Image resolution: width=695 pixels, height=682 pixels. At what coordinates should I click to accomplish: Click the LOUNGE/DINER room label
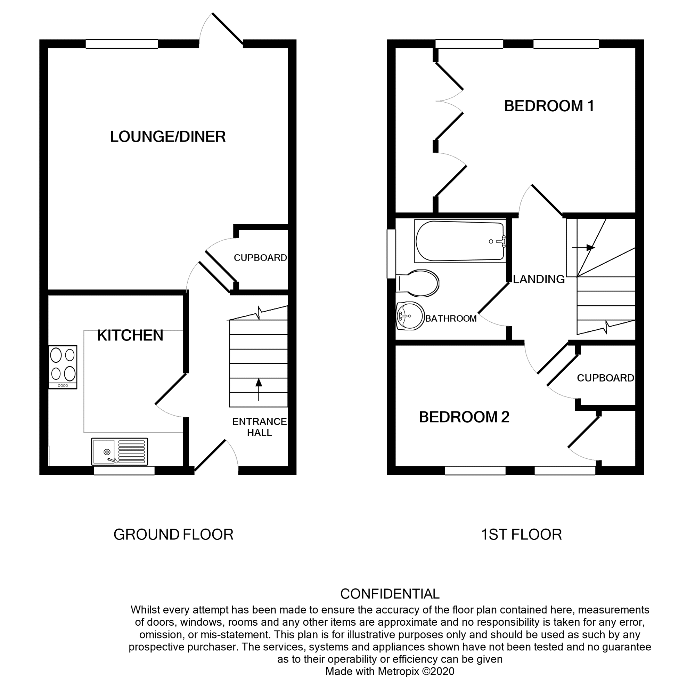[167, 136]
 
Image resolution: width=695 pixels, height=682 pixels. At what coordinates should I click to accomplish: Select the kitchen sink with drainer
[119, 451]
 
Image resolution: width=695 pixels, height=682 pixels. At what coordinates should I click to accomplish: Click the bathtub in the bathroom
[460, 241]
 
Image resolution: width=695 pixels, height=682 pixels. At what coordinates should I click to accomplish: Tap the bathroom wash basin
[410, 315]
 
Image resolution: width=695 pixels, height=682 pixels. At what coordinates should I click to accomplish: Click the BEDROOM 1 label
[549, 106]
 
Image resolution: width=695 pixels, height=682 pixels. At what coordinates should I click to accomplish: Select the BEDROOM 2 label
[464, 417]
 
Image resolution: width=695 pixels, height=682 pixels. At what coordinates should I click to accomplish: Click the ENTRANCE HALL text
[259, 427]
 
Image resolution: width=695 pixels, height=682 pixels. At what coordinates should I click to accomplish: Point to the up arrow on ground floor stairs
[259, 388]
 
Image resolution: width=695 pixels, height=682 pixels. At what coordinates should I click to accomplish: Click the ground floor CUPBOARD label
[260, 258]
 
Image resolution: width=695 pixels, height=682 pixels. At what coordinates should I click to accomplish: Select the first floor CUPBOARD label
[605, 378]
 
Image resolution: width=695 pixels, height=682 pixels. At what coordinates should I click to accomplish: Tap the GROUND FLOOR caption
[173, 535]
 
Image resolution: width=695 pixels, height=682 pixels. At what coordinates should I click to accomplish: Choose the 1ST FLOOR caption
[521, 535]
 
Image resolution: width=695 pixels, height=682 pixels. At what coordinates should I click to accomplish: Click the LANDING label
[539, 279]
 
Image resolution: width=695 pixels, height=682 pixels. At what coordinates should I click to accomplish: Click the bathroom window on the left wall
[391, 254]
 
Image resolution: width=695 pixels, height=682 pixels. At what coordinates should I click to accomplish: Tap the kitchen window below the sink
[124, 470]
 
